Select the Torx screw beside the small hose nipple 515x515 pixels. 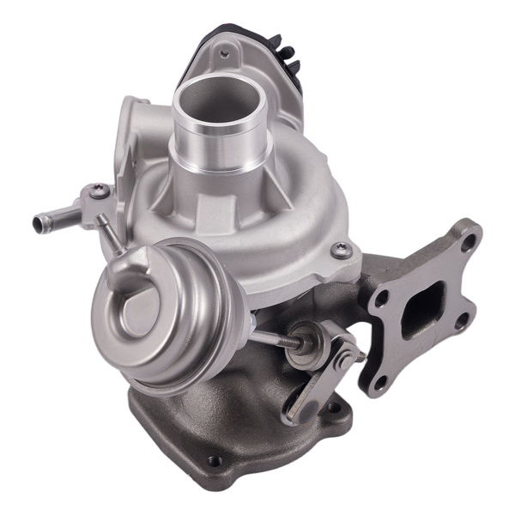pyautogui.click(x=100, y=191)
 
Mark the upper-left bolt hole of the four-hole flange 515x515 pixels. pyautogui.click(x=381, y=297)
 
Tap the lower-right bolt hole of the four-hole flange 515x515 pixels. pyautogui.click(x=461, y=321)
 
